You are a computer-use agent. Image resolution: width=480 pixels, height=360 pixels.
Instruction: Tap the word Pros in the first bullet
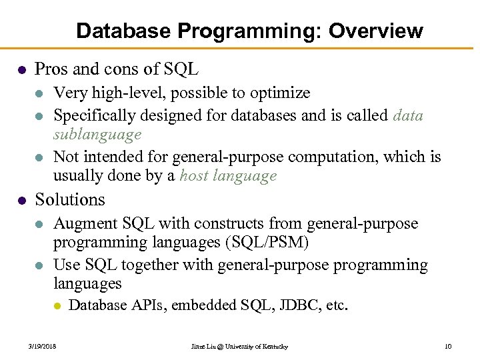[x=50, y=69]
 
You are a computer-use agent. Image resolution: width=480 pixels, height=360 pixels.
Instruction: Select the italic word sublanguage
[x=97, y=135]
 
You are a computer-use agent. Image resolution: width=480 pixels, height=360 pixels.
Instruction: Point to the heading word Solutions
[x=70, y=199]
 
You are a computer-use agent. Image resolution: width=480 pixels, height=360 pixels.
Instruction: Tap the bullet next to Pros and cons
[x=22, y=69]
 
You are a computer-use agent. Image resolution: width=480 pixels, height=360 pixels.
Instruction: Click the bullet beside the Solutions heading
[x=22, y=200]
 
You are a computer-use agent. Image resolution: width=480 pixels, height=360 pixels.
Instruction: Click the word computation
[x=351, y=157]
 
